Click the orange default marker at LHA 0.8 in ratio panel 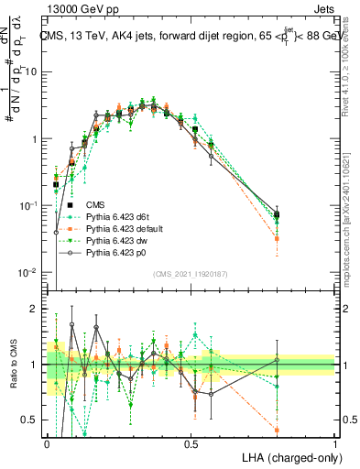(x=277, y=430)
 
